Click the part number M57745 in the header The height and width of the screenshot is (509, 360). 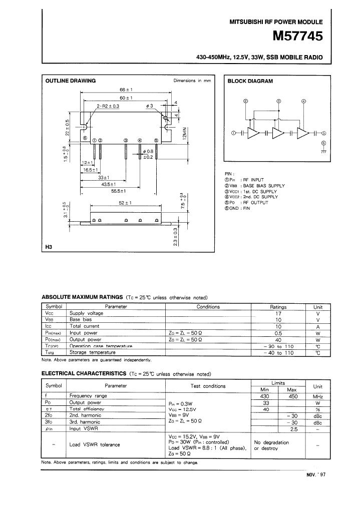click(297, 37)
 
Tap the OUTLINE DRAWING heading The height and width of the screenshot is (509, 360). click(71, 81)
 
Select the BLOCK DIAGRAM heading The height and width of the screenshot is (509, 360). click(250, 81)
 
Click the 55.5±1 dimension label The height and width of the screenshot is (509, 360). click(118, 191)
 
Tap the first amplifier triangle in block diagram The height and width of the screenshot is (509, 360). click(254, 133)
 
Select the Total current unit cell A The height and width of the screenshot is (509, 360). click(317, 326)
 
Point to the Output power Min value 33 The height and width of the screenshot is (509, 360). click(266, 402)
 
